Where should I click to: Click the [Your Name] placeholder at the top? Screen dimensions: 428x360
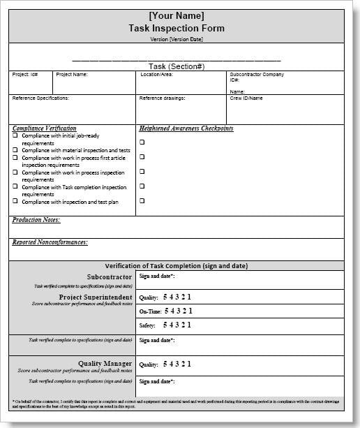tap(177, 15)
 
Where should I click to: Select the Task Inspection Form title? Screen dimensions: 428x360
tap(177, 28)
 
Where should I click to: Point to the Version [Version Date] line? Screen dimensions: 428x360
tap(177, 39)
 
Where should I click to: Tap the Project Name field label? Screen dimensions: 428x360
tap(72, 74)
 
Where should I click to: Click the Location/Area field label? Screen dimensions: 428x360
tap(156, 74)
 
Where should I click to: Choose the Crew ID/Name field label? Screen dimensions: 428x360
tap(246, 98)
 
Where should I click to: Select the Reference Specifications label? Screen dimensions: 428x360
tap(40, 98)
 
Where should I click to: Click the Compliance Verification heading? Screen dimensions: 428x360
tap(44, 128)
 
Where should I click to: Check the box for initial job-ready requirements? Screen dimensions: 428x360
tap(15, 135)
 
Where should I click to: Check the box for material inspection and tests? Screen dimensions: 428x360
tap(15, 150)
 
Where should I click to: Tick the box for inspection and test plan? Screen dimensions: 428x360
tap(15, 202)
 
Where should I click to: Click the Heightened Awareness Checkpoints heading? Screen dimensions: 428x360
tap(186, 128)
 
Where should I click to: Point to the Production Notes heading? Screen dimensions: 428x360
tap(36, 220)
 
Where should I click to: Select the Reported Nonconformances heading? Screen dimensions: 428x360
tap(50, 242)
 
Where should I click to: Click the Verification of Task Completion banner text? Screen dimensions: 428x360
tap(177, 266)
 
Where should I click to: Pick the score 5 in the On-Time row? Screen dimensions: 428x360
tap(165, 311)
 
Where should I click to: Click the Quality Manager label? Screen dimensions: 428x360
tap(105, 363)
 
